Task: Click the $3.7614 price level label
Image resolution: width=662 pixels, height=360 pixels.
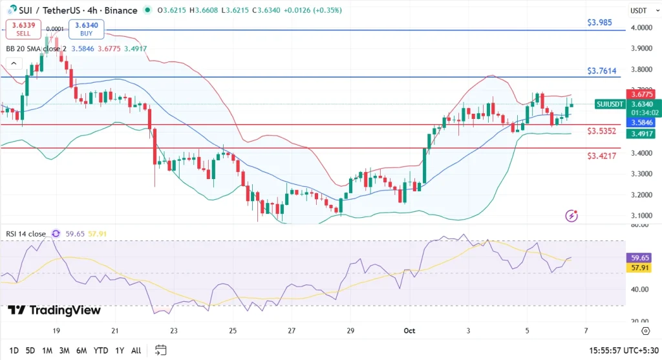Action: [x=601, y=70]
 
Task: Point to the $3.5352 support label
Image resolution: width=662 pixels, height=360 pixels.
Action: [x=601, y=131]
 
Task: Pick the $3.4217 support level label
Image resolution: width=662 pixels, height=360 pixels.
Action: [x=601, y=156]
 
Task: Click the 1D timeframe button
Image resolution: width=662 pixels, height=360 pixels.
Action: [x=14, y=350]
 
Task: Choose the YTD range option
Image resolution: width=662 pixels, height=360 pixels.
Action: [x=100, y=350]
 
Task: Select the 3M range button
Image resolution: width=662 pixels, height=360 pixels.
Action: [x=64, y=350]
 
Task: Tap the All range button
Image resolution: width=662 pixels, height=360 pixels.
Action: [x=136, y=350]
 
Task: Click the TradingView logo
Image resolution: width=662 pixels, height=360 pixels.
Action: [x=54, y=310]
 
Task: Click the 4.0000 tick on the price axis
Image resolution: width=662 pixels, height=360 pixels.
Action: [x=641, y=28]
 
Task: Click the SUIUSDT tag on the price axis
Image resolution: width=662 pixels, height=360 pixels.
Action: [x=610, y=104]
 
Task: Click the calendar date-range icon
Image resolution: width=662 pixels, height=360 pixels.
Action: [x=161, y=350]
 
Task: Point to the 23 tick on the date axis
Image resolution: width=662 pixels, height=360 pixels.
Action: [x=173, y=331]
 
